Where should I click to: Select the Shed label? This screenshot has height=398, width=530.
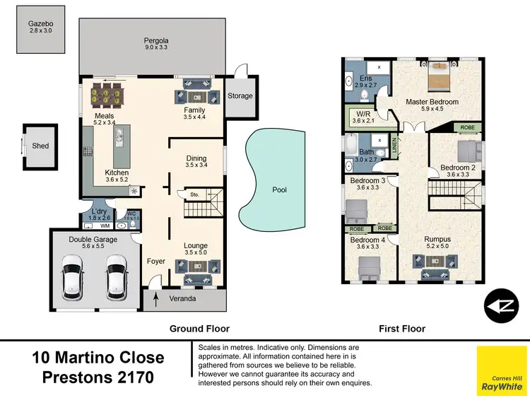click(41, 146)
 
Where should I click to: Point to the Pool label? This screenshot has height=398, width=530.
click(280, 189)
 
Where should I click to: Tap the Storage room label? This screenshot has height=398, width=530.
click(240, 95)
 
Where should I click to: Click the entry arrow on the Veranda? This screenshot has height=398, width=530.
click(155, 300)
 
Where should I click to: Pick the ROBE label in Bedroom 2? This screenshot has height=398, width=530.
click(467, 129)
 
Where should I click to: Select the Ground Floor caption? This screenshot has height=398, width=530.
click(199, 329)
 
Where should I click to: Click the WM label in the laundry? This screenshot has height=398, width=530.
click(105, 226)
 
